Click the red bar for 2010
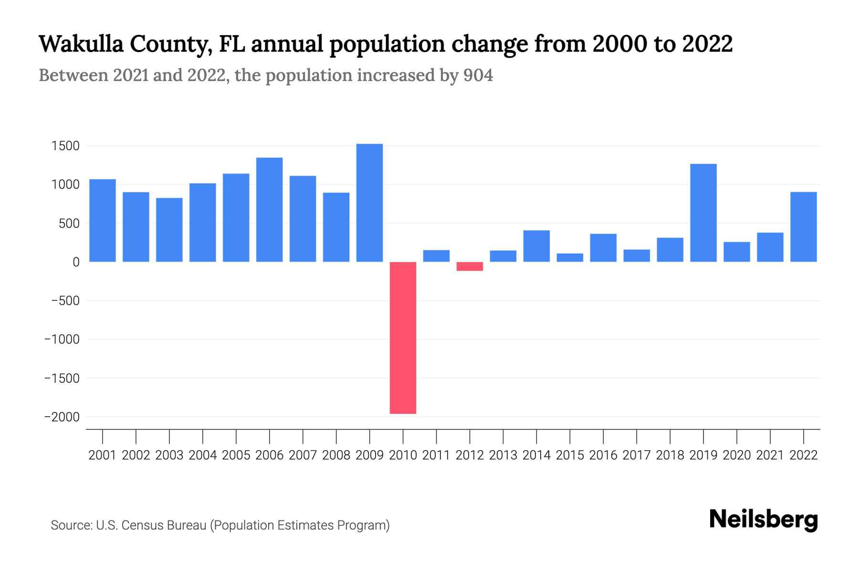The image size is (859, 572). [403, 337]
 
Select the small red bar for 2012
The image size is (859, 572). [470, 266]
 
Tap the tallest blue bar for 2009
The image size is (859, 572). [369, 203]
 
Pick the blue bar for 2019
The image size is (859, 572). [703, 213]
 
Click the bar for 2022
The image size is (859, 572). [804, 227]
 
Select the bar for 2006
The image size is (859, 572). [269, 210]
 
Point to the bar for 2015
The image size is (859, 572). [570, 257]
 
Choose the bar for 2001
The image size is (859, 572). [103, 220]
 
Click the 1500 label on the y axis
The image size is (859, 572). [65, 146]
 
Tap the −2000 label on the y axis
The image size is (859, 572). [62, 417]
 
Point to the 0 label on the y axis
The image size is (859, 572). [76, 262]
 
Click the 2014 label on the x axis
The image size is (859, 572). [536, 455]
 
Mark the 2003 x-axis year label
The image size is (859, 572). [169, 455]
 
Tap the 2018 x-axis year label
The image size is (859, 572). [670, 455]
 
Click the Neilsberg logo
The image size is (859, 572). [764, 520]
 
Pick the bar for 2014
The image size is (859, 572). [536, 246]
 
